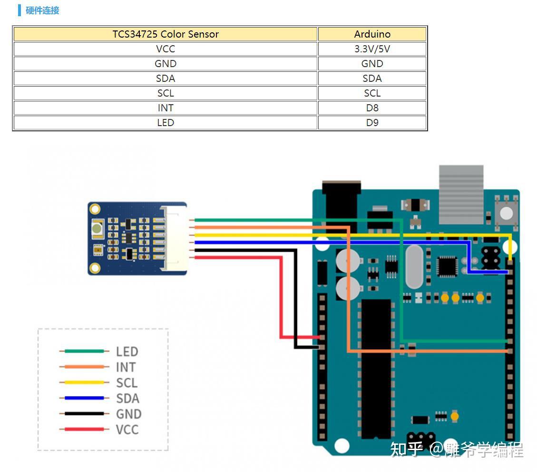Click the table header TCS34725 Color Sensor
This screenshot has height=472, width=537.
pyautogui.click(x=166, y=34)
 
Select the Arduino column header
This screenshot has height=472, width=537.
pyautogui.click(x=372, y=34)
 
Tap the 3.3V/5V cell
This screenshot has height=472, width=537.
pyautogui.click(x=372, y=49)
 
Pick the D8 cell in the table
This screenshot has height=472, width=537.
pyautogui.click(x=372, y=108)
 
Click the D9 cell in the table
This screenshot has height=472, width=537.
pyautogui.click(x=372, y=123)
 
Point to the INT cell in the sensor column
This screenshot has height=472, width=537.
pyautogui.click(x=166, y=108)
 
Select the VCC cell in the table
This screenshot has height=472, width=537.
pyautogui.click(x=166, y=49)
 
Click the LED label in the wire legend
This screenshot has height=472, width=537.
pyautogui.click(x=127, y=352)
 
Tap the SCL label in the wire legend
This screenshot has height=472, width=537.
pyautogui.click(x=127, y=383)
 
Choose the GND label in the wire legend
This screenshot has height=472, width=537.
pyautogui.click(x=129, y=414)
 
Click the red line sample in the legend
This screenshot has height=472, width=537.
pyautogui.click(x=84, y=429)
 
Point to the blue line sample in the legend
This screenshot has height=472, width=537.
pyautogui.click(x=84, y=398)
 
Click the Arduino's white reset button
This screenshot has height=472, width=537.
pyautogui.click(x=506, y=213)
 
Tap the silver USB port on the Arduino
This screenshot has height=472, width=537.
pyautogui.click(x=461, y=195)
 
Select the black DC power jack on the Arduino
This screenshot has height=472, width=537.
pyautogui.click(x=342, y=206)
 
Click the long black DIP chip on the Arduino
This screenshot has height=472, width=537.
pyautogui.click(x=376, y=369)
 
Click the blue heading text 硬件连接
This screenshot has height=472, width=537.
pyautogui.click(x=42, y=10)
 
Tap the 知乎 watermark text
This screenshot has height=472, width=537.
pyautogui.click(x=407, y=449)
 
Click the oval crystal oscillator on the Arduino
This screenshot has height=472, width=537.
pyautogui.click(x=414, y=267)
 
